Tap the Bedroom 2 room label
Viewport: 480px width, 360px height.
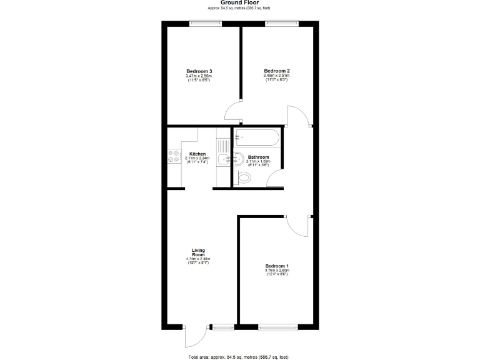click(x=276, y=71)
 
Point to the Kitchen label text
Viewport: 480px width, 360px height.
click(x=197, y=154)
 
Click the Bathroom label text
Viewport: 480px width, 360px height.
click(x=258, y=157)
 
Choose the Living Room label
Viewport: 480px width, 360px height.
click(x=198, y=252)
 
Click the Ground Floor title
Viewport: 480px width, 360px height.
click(x=240, y=2)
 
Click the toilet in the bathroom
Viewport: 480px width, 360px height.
click(x=244, y=178)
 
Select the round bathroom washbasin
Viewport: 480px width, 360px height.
click(x=239, y=159)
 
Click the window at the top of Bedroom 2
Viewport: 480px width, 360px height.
click(x=281, y=24)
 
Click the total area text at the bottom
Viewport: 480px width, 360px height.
click(x=240, y=356)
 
